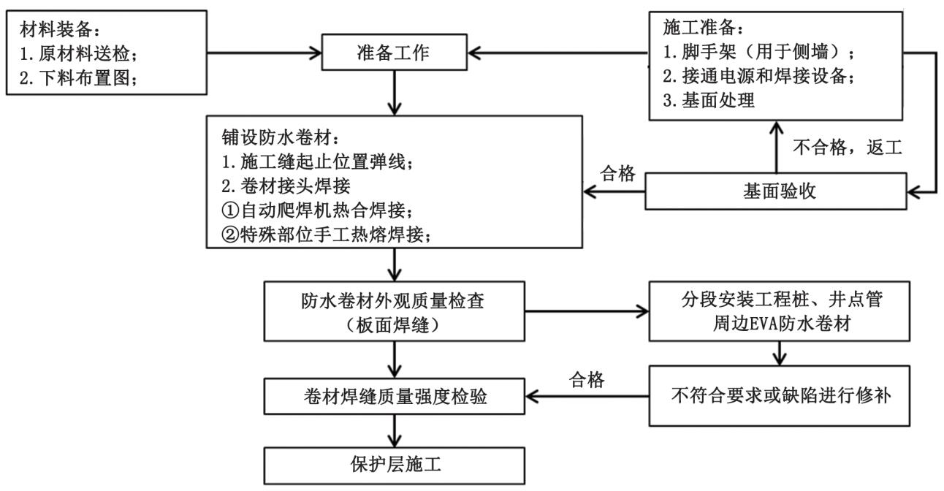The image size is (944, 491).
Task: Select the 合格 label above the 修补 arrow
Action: (x=589, y=379)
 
